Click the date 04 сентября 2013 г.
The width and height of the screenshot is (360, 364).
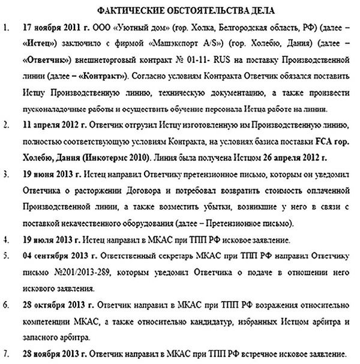coord(56,257)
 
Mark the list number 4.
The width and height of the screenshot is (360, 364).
coord(6,241)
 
